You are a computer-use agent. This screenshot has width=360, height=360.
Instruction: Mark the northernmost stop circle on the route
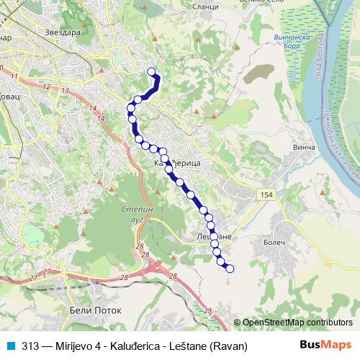[152, 71]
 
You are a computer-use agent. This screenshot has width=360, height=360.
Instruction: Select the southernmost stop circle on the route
[230, 269]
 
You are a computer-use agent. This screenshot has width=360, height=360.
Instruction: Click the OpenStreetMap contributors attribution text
[297, 323]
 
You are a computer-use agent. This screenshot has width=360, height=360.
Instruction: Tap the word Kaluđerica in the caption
[134, 346]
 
